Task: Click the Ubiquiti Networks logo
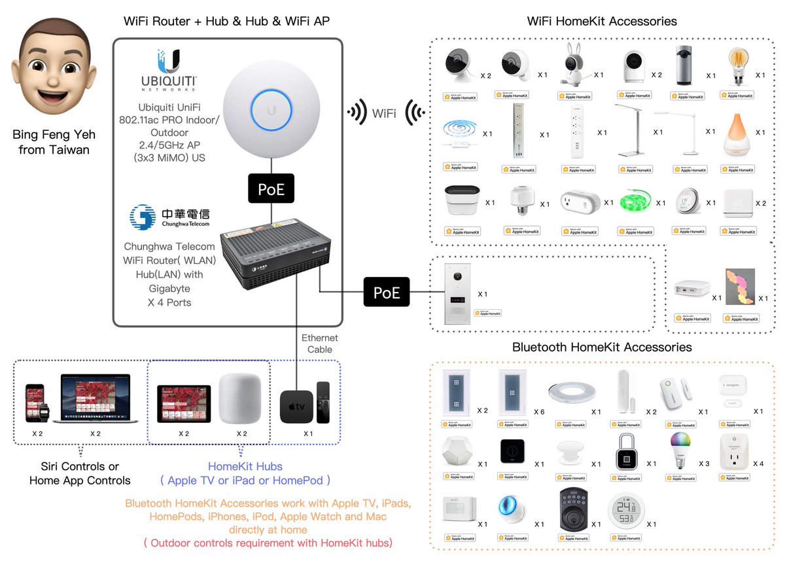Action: pyautogui.click(x=168, y=70)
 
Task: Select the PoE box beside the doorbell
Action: pyautogui.click(x=387, y=292)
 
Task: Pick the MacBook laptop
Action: pyautogui.click(x=95, y=399)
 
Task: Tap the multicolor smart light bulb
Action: pyautogui.click(x=682, y=452)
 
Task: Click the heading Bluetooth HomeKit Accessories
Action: pyautogui.click(x=602, y=347)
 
